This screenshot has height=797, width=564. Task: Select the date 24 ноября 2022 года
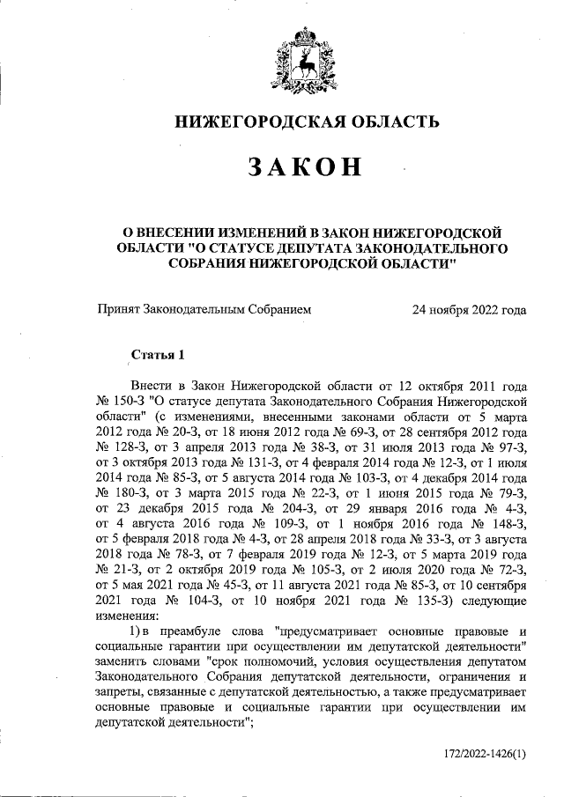(x=470, y=309)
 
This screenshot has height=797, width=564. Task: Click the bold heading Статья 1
(x=159, y=356)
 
